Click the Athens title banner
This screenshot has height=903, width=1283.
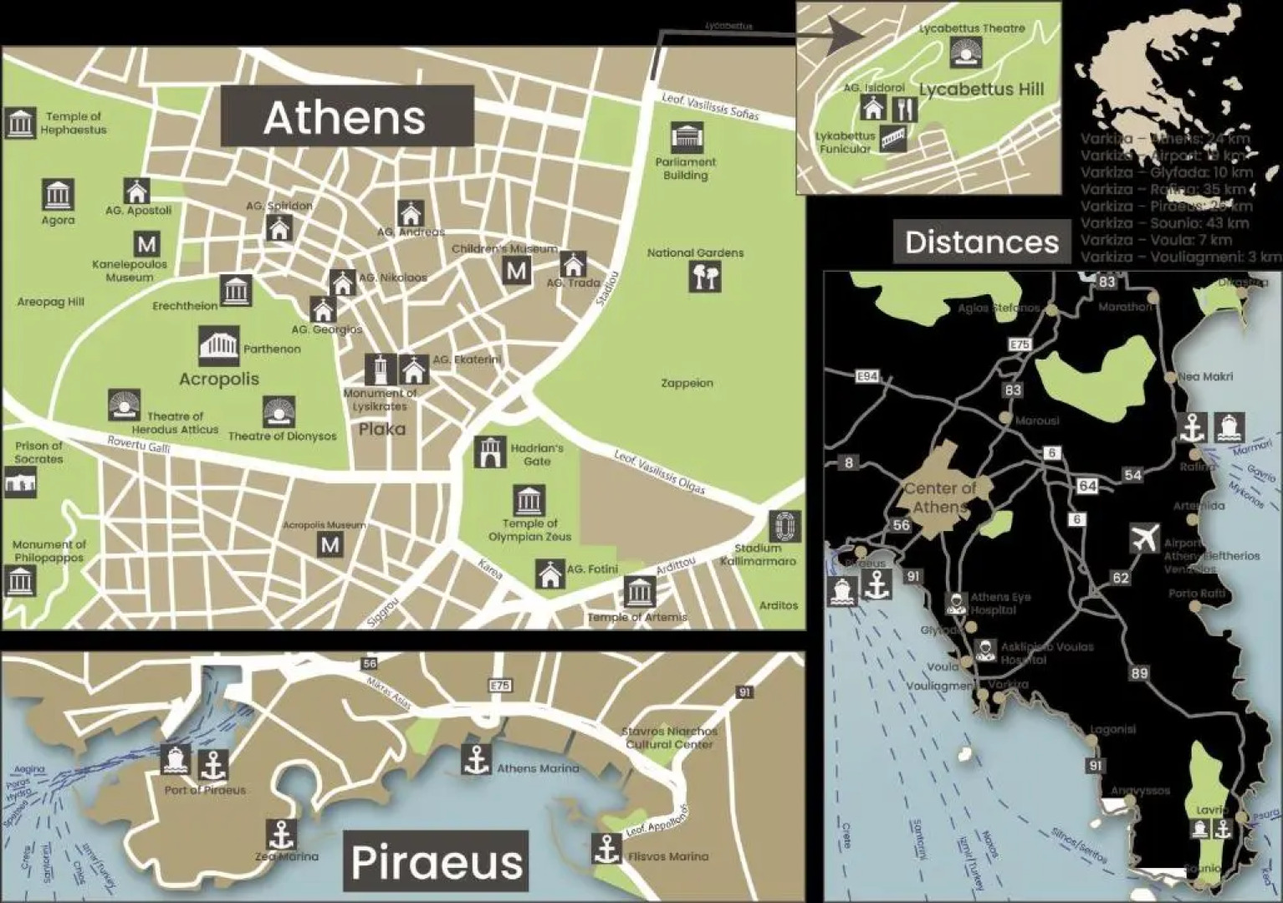point(346,116)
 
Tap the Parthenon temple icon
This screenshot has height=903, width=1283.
point(218,346)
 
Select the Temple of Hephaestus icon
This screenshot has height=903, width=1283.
point(20,123)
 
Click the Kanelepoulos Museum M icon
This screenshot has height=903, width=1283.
point(146,245)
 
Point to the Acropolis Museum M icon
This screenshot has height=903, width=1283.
point(330,545)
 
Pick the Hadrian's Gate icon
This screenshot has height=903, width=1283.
point(489,452)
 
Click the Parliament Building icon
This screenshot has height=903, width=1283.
point(686,137)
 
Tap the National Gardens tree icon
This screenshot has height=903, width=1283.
point(704,276)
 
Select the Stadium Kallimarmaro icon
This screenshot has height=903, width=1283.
point(784,526)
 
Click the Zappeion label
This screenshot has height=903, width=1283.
point(687,383)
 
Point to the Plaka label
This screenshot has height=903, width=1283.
point(381,429)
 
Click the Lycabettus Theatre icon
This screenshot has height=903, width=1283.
point(966,53)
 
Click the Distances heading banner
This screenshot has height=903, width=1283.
point(981,242)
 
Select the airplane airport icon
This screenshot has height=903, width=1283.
point(1144,538)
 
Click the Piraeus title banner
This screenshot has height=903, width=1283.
point(437,862)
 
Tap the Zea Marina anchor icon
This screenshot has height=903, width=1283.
point(282,834)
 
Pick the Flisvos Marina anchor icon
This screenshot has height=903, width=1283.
point(606,849)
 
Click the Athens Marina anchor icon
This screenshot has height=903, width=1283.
point(476,759)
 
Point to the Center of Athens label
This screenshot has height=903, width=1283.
point(940,497)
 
